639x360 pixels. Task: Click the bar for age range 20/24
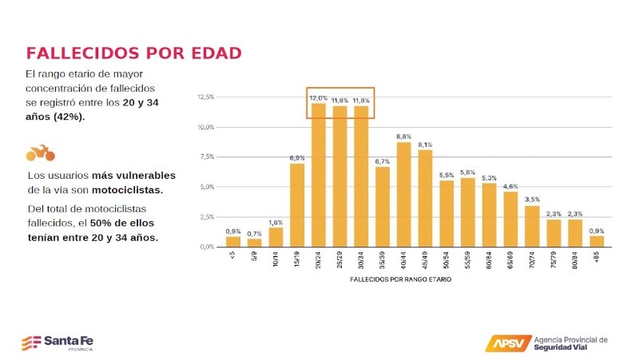[x=318, y=176]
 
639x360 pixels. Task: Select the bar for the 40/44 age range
[x=404, y=195]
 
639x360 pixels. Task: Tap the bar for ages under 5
[x=232, y=241]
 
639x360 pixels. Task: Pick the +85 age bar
[x=597, y=241]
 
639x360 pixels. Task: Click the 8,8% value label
[x=404, y=137]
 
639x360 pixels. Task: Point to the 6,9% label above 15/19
[x=297, y=158]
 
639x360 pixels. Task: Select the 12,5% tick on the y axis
[x=205, y=97]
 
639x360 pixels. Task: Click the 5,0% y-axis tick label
[x=206, y=187]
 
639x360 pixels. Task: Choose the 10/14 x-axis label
[x=276, y=259]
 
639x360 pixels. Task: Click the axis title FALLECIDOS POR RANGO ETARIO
[x=400, y=280]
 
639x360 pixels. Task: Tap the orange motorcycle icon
[x=40, y=152]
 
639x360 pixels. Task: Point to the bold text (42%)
[x=69, y=117]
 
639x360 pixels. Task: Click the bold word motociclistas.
[x=126, y=190]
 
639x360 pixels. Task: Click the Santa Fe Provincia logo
[x=58, y=342]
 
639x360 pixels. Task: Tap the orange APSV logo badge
[x=506, y=343]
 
